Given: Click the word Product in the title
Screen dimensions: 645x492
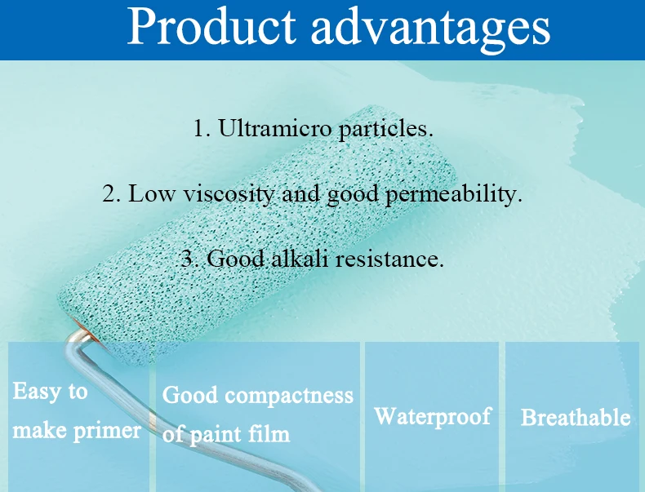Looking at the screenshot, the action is (x=211, y=26).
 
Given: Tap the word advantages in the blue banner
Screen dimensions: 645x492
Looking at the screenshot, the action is (x=430, y=29).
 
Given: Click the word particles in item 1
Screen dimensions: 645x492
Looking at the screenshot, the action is (x=385, y=130).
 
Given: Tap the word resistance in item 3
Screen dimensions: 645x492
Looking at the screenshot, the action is (x=389, y=259).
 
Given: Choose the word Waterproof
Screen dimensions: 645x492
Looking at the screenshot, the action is (x=433, y=417).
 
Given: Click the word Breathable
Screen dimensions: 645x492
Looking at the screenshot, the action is (x=576, y=417).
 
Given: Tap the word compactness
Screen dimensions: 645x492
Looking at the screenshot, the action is (x=289, y=396).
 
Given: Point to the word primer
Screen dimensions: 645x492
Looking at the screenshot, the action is (x=107, y=432).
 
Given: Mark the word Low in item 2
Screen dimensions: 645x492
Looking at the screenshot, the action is (x=151, y=193).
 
